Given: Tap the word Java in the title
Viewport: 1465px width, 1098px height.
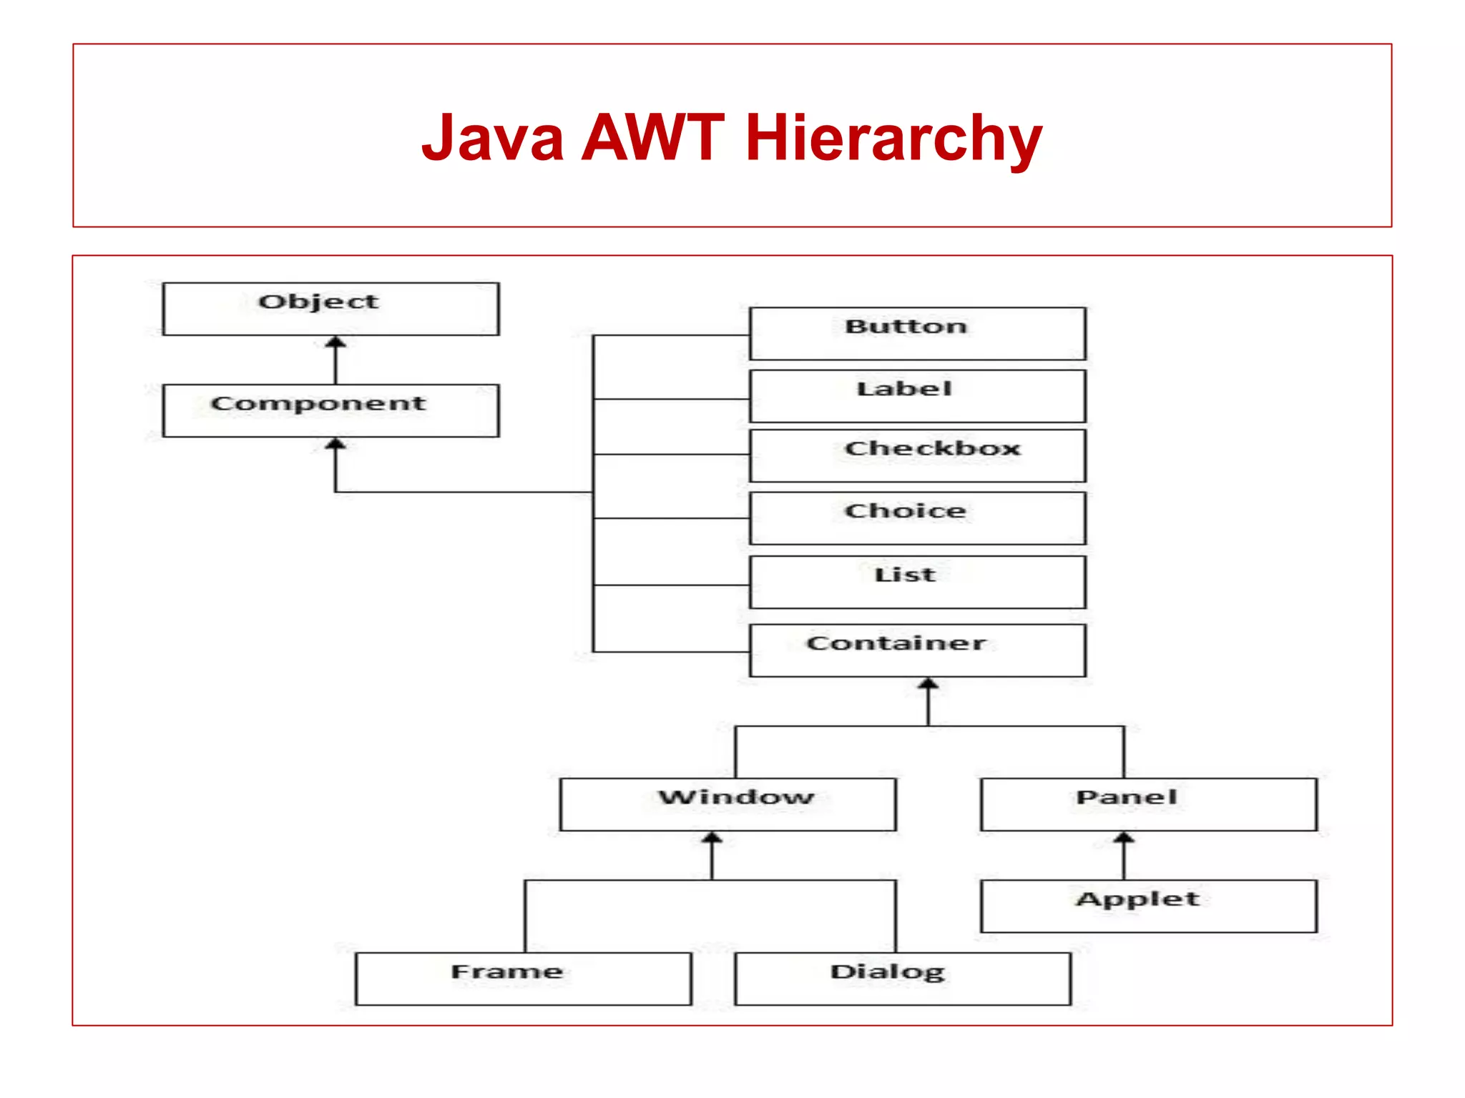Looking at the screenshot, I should click(493, 138).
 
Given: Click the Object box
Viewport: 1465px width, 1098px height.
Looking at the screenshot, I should click(330, 309).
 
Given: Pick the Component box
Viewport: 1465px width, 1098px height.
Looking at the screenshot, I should click(330, 410).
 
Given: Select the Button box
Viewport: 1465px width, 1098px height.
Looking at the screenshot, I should click(917, 334).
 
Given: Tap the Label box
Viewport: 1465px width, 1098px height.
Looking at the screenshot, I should click(917, 396).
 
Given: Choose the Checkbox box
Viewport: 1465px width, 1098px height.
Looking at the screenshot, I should click(917, 455).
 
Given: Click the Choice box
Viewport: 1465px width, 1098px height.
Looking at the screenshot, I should click(917, 518).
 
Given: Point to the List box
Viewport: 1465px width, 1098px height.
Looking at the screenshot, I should click(917, 582).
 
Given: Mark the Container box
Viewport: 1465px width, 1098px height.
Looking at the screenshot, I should click(917, 651).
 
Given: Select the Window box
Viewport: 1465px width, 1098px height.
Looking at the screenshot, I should click(727, 804).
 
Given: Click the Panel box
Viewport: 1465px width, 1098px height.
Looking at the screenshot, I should click(1148, 804).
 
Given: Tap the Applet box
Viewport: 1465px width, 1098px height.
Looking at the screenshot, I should click(1148, 906).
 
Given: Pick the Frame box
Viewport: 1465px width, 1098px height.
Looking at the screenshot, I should click(523, 979).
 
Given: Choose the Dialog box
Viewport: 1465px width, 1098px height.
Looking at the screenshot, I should click(902, 979).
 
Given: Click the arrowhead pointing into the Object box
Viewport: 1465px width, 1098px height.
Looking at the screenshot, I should click(335, 342).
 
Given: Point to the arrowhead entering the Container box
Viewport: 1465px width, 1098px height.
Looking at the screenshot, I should click(928, 684).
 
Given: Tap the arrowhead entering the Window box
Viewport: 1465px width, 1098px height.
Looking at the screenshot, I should click(712, 838).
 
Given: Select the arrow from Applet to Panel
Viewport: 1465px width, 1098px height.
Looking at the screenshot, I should click(1124, 856).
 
